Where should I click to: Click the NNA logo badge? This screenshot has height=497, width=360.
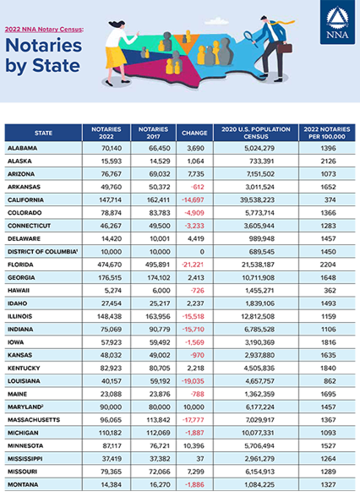[x=337, y=22]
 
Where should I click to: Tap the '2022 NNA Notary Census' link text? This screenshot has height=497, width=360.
[x=44, y=29]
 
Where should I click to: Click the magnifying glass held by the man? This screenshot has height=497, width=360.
[x=250, y=38]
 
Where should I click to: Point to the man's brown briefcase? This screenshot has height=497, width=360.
[x=285, y=48]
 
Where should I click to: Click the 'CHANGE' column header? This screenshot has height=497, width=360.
[x=194, y=133]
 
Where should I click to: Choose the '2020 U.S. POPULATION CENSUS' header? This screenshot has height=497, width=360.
[x=256, y=133]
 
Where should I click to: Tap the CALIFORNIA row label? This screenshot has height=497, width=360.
[x=25, y=200]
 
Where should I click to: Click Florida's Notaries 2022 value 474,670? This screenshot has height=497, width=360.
[x=109, y=265]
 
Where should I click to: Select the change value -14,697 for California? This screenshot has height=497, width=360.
[x=193, y=200]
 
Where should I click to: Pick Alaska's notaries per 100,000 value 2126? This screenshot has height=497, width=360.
[x=328, y=161]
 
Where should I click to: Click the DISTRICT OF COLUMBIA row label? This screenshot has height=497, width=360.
[x=42, y=252]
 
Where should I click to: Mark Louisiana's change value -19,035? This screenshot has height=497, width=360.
[x=193, y=381]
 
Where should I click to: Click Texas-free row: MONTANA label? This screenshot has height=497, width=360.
[x=23, y=484]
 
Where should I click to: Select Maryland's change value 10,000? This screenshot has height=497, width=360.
[x=194, y=407]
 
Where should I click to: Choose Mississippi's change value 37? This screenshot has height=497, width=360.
[x=200, y=459]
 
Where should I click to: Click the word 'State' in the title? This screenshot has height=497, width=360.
[x=56, y=65]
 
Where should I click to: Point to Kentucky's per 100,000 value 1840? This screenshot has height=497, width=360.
[x=328, y=368]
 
